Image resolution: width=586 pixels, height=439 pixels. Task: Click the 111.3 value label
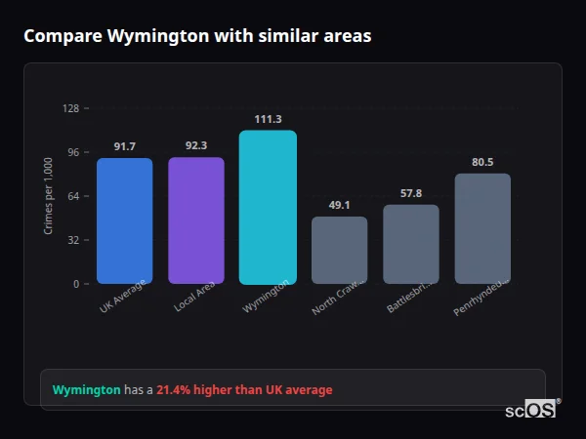point(268,119)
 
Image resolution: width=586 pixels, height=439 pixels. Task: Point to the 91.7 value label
point(124,146)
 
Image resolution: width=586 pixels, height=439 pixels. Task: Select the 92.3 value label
point(195,145)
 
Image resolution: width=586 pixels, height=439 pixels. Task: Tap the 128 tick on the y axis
point(70,108)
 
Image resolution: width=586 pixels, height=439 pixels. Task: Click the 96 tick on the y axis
point(72,152)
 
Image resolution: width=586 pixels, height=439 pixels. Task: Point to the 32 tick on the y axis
point(72,240)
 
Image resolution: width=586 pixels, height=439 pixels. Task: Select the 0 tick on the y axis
point(75,284)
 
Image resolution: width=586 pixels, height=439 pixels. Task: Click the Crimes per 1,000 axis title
point(49,196)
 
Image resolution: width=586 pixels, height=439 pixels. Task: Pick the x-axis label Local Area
point(195,296)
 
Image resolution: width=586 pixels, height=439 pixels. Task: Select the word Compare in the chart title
point(62,36)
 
